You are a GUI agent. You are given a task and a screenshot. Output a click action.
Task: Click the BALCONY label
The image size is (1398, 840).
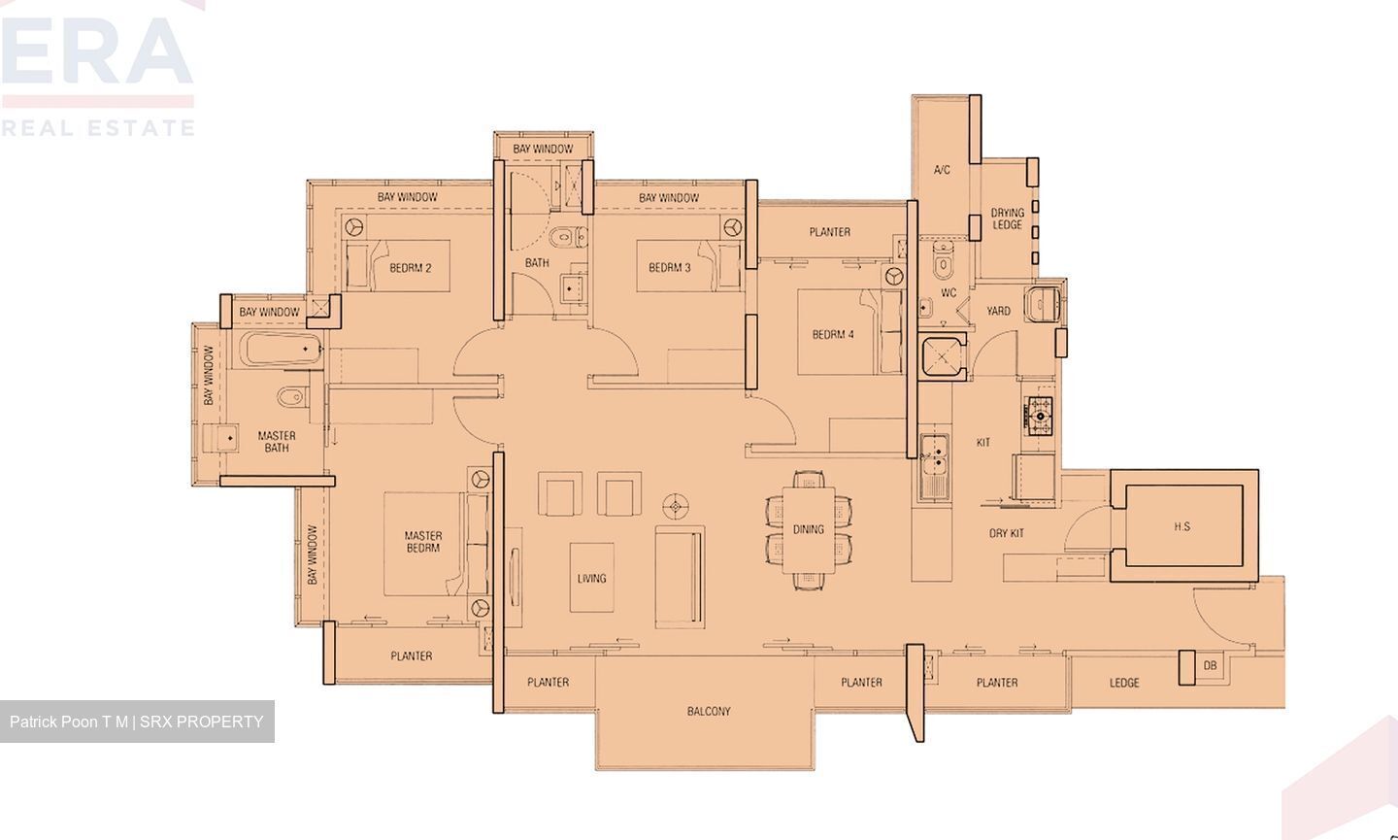[x=709, y=712]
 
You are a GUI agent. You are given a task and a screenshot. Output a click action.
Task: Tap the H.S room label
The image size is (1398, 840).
[x=1182, y=527]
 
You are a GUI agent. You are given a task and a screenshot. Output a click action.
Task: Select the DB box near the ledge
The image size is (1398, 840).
[x=1209, y=666]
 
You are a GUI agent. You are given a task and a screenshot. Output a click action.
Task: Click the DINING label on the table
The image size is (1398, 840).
[x=808, y=529]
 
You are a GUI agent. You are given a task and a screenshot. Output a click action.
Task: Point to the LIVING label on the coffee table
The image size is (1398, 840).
[x=591, y=578]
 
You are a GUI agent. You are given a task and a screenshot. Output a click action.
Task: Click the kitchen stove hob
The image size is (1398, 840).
[x=1040, y=416]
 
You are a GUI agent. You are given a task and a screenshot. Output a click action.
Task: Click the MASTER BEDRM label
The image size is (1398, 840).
[x=423, y=542]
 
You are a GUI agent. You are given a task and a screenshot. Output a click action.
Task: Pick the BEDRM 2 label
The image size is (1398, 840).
[x=411, y=267]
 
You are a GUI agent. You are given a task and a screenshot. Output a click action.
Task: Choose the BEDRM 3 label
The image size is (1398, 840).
[x=670, y=267]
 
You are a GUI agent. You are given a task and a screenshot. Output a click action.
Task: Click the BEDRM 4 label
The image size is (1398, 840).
[x=833, y=335]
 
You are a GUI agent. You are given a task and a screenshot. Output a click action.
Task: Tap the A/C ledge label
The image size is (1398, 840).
[x=942, y=170]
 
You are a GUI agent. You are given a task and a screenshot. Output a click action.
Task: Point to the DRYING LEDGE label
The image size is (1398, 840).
[x=1007, y=218]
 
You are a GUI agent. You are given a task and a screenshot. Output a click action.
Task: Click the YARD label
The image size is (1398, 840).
[x=998, y=311]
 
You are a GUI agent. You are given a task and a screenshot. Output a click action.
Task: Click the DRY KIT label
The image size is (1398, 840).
[x=1007, y=533]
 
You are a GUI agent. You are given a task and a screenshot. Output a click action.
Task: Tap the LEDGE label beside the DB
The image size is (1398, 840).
[x=1124, y=683]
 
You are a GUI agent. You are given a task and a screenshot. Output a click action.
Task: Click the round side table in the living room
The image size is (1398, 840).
[x=676, y=506]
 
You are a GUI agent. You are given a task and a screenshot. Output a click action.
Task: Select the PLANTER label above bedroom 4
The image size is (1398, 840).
[x=830, y=232]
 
